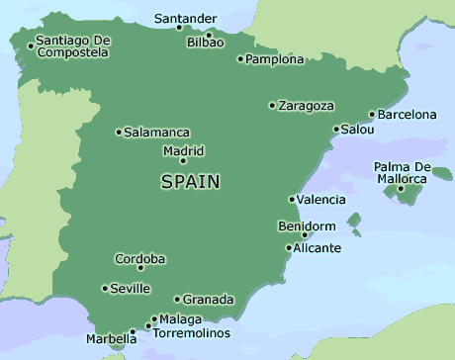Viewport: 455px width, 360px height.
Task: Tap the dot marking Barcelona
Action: (x=372, y=115)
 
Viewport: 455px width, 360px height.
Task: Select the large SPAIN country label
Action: (x=190, y=182)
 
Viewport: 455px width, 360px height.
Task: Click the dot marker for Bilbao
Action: (x=209, y=34)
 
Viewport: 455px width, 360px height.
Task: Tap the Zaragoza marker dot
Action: (x=272, y=106)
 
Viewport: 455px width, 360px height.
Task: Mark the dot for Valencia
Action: (x=291, y=200)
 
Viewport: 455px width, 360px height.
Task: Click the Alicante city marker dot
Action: (x=288, y=247)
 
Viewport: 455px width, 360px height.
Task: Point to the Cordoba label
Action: (x=140, y=259)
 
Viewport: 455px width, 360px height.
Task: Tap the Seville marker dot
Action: (x=105, y=289)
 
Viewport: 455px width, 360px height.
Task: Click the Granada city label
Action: (x=209, y=299)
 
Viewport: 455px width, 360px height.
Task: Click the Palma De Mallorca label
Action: (x=401, y=172)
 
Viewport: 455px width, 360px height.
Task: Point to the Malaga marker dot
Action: (x=152, y=319)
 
